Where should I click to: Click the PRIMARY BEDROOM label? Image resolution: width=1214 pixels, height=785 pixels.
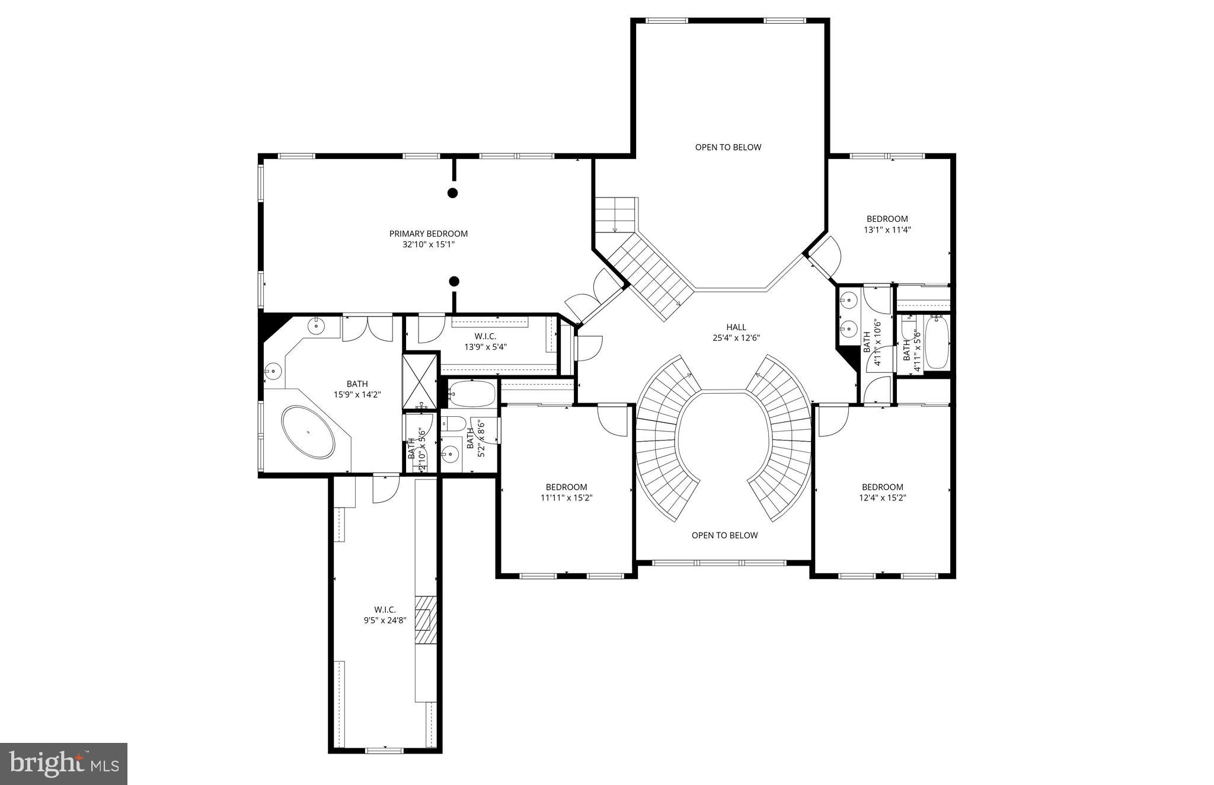pos(428,234)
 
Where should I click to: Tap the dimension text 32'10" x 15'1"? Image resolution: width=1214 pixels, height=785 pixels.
pos(428,244)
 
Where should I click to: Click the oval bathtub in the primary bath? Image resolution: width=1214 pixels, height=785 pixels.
pos(308,432)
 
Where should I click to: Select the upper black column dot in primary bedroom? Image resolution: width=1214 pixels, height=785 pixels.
pos(452,193)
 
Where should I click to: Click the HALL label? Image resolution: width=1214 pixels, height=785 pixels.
pos(736,327)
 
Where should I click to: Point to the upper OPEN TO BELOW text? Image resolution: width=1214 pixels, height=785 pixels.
pos(728,147)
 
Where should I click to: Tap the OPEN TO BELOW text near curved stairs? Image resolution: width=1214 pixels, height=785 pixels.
pos(724,535)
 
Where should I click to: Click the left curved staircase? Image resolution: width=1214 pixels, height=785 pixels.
pos(658,439)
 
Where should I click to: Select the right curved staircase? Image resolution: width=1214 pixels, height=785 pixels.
pos(788,439)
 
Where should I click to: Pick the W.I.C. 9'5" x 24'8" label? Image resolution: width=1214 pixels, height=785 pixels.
pos(385,615)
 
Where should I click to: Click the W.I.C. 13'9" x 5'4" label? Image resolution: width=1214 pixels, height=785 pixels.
pos(485,342)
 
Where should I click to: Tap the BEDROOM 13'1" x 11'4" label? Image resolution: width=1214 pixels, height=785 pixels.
pos(887,224)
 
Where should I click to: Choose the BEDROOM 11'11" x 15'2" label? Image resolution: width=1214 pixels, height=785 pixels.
pos(566,492)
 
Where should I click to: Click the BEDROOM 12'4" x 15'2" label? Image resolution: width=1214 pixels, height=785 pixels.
pos(882,492)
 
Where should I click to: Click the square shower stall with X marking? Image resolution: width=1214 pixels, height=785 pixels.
pos(420,381)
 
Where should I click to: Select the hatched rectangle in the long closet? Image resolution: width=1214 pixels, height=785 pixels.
pos(426,627)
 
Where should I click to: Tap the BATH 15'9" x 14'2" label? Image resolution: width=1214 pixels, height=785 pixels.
pos(357,389)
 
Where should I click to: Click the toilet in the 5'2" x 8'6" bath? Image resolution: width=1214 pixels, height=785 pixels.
pos(455,424)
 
